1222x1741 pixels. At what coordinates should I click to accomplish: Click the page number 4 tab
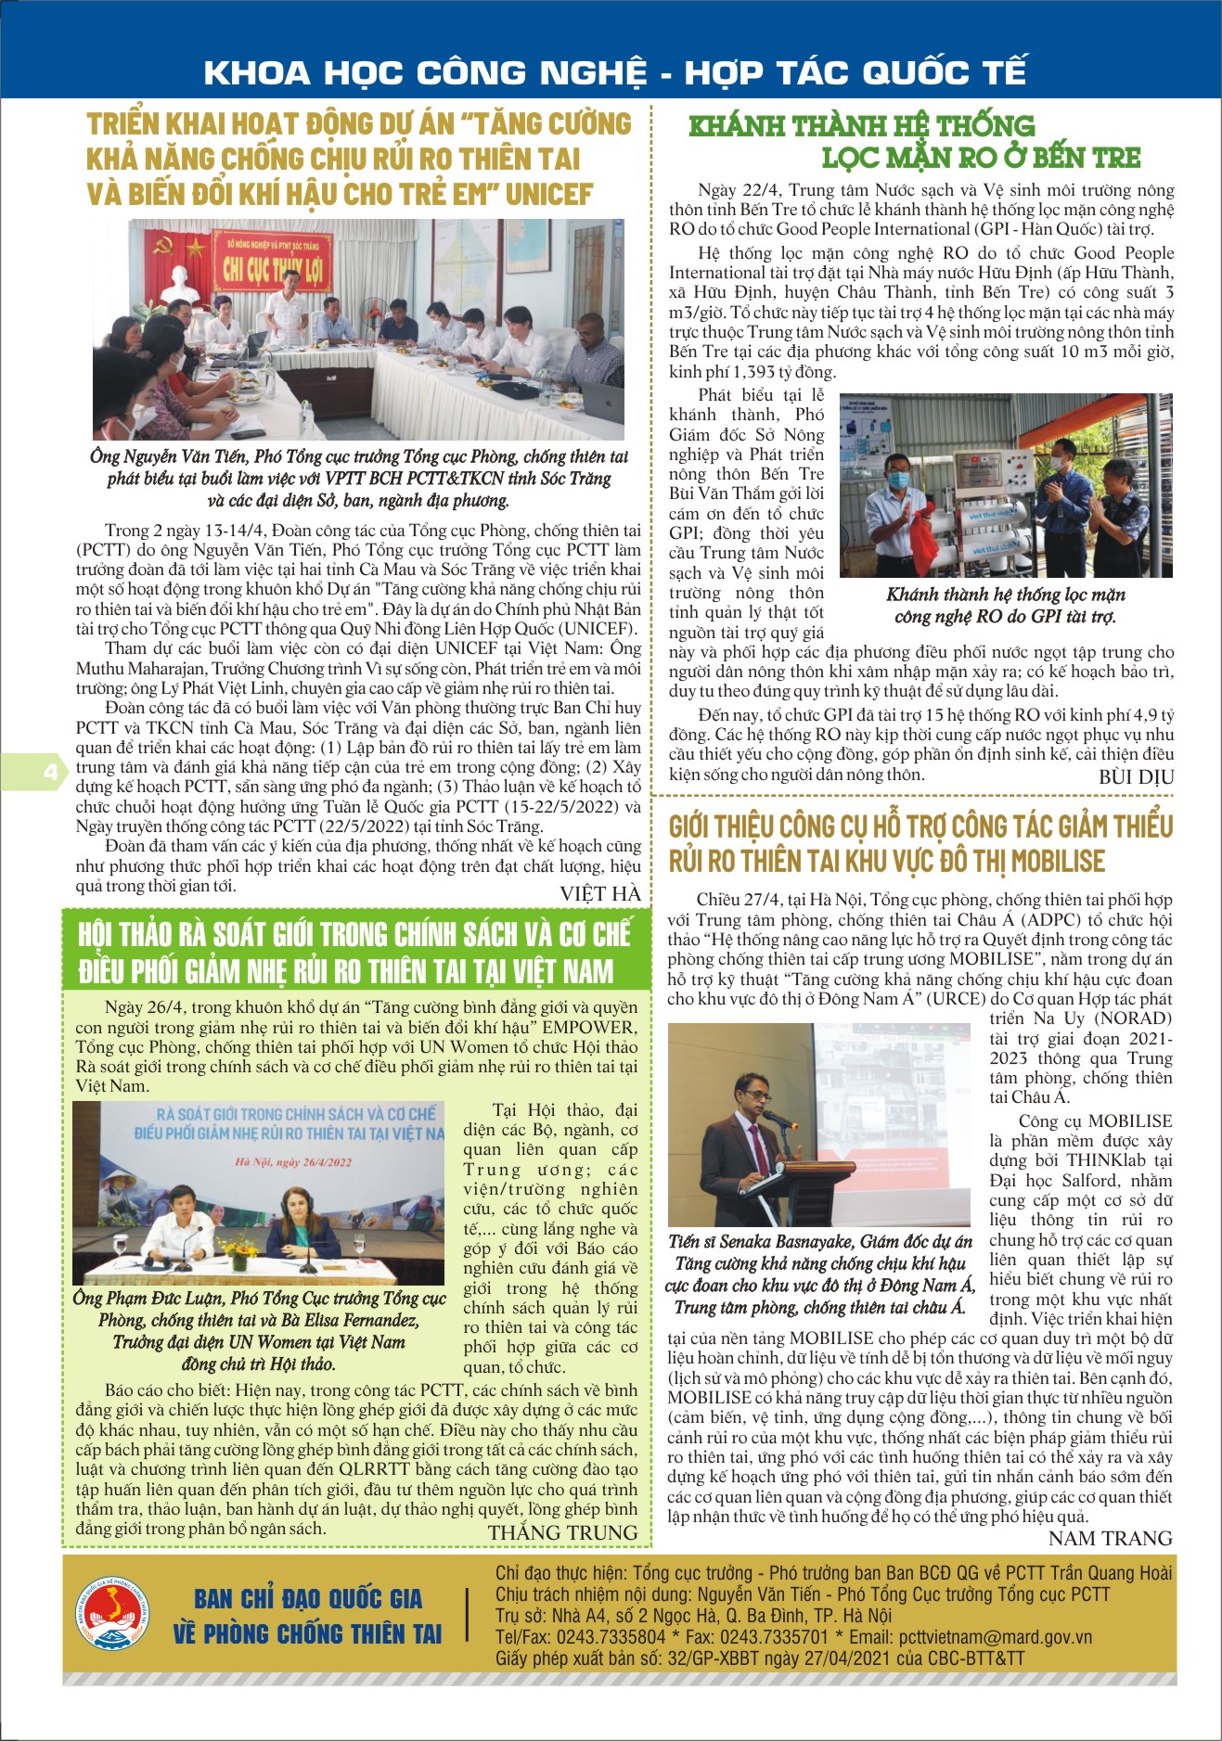(x=48, y=772)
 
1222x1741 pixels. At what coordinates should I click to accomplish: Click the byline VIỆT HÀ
(x=599, y=892)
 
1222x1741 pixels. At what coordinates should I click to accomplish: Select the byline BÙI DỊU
(x=1136, y=777)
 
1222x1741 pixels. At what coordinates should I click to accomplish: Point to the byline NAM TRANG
(x=1110, y=1538)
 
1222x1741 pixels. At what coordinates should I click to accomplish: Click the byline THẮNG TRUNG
(x=562, y=1532)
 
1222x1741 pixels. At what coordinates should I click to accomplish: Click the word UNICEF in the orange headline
(x=549, y=195)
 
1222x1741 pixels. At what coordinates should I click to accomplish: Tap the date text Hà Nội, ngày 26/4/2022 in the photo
(x=293, y=1161)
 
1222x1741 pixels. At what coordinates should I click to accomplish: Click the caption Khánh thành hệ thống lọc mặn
(x=1005, y=595)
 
